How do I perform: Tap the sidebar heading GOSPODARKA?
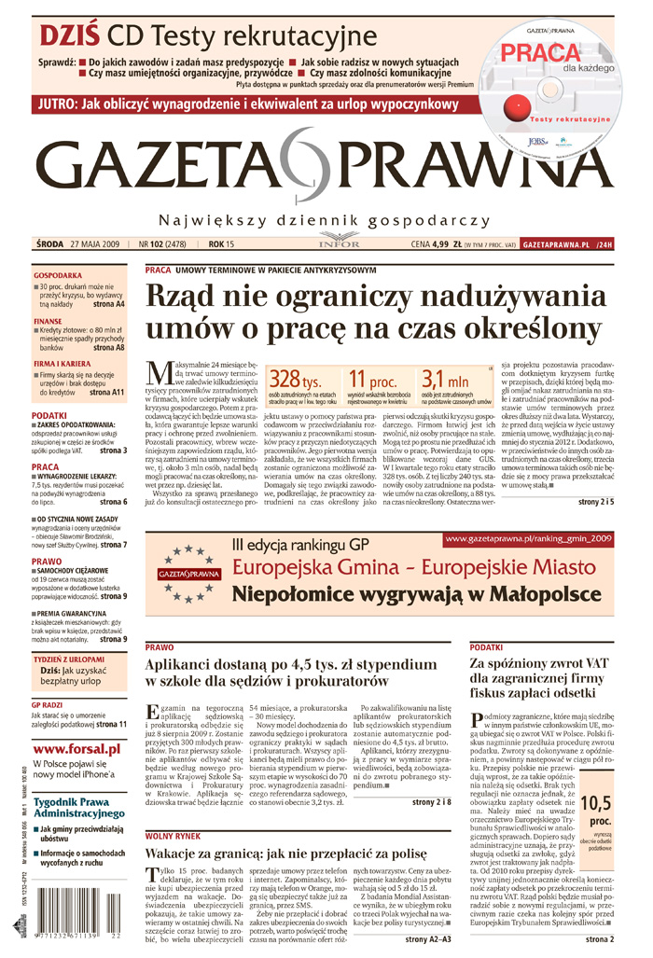[58, 277]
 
